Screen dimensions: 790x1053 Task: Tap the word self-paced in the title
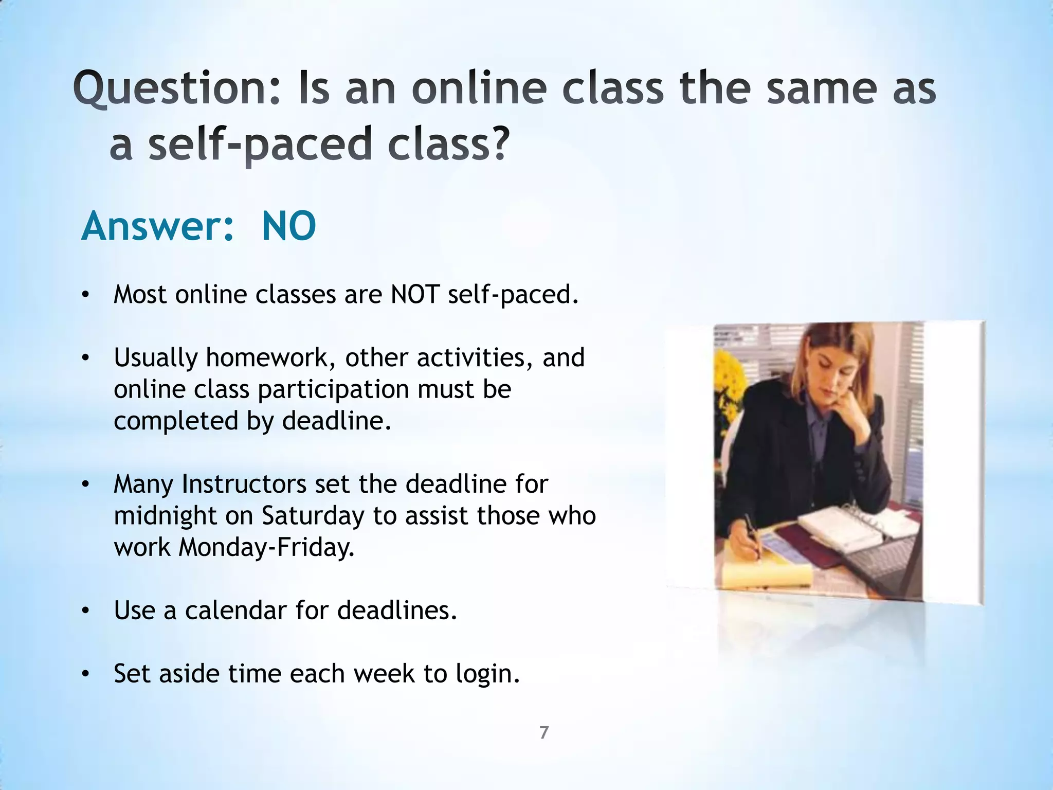[259, 144]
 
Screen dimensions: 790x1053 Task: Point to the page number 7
[544, 732]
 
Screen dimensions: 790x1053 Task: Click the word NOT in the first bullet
[415, 295]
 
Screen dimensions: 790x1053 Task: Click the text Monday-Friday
[266, 547]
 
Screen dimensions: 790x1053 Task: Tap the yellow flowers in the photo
[727, 381]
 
